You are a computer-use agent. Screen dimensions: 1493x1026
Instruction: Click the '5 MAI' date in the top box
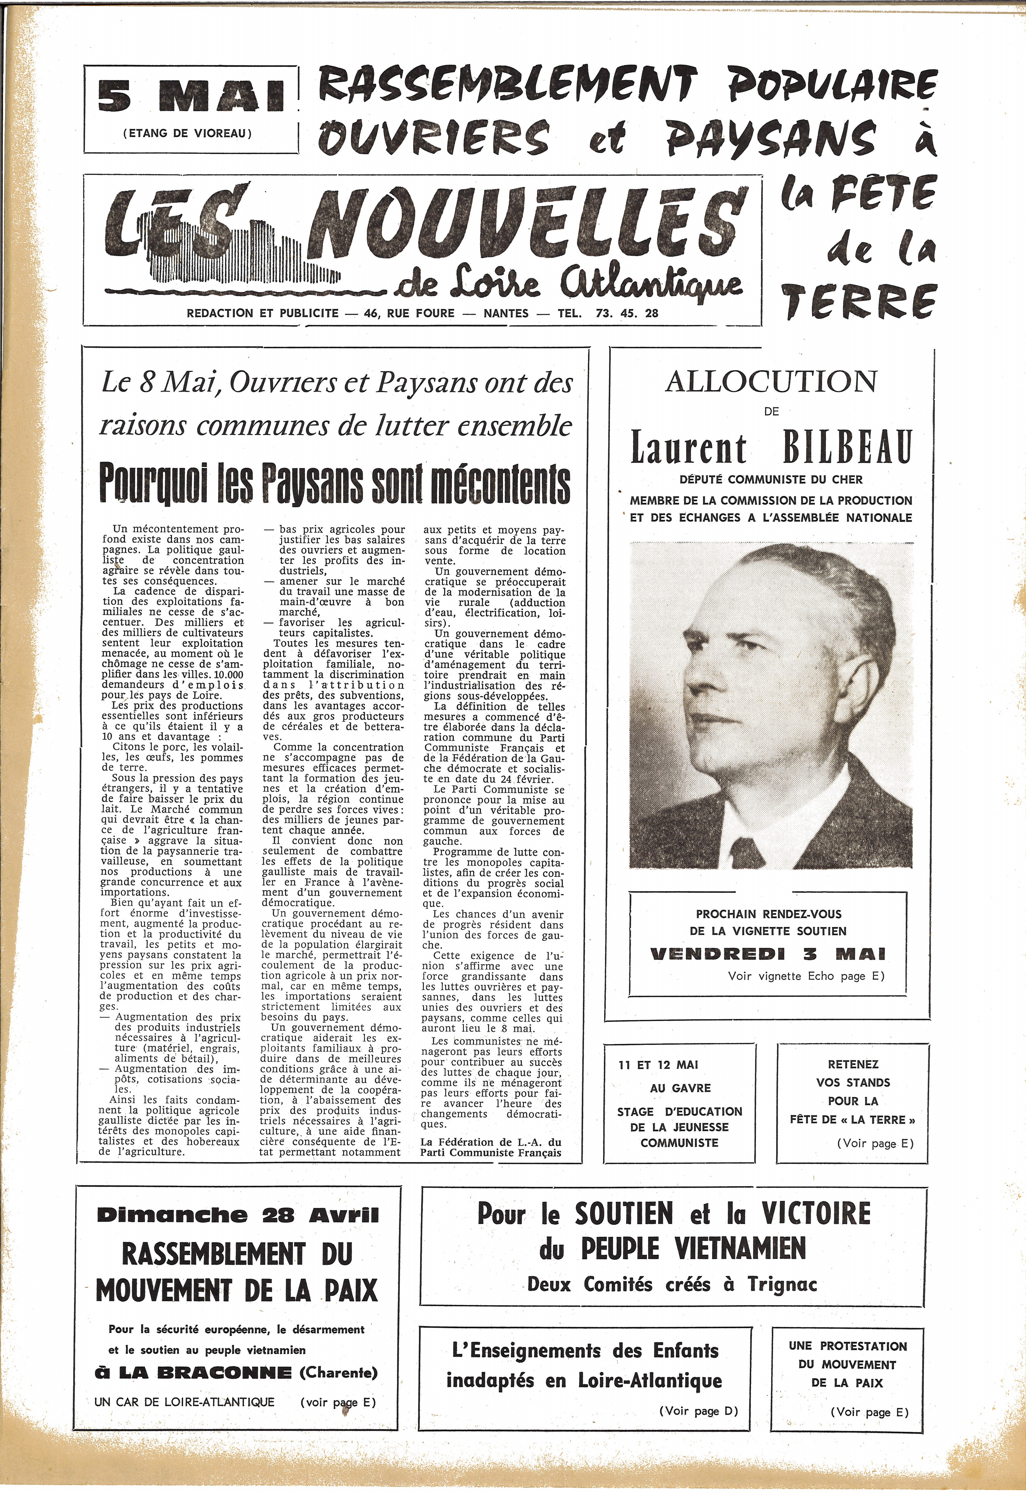[x=191, y=98]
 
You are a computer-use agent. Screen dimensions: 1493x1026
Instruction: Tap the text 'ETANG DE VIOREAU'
[x=187, y=134]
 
